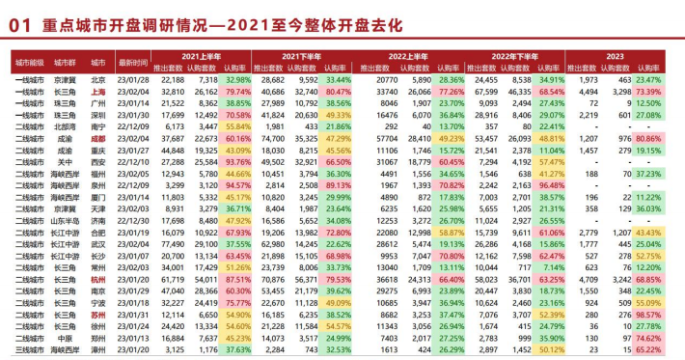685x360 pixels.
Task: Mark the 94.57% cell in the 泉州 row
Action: (x=237, y=184)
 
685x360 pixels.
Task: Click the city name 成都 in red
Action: (x=98, y=137)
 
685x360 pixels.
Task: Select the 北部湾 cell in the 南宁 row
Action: (x=64, y=125)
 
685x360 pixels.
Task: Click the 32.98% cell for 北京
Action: (x=237, y=78)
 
